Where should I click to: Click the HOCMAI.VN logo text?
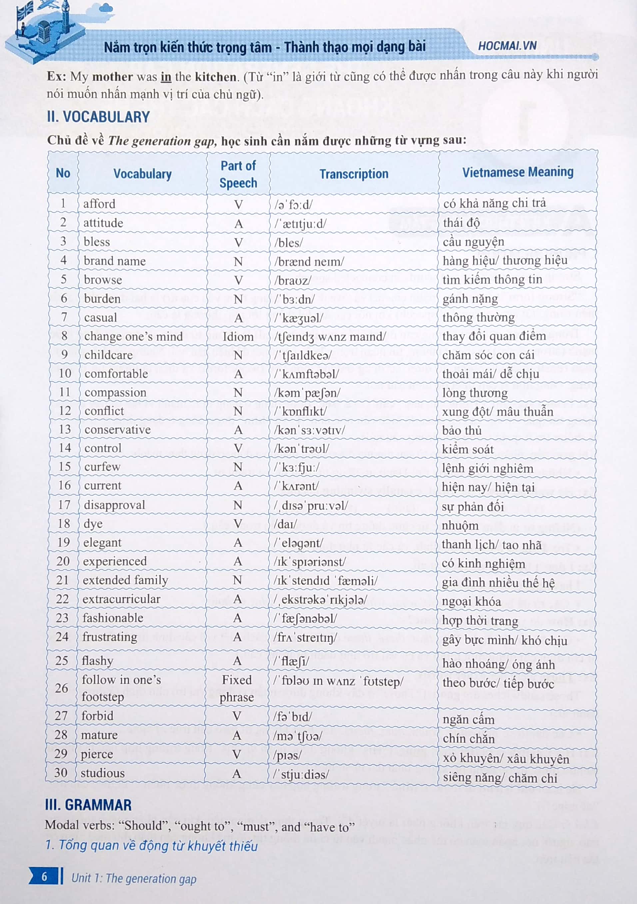[x=507, y=46]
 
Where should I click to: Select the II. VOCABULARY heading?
[x=98, y=117]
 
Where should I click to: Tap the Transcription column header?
[x=354, y=174]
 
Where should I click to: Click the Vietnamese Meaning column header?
[x=517, y=172]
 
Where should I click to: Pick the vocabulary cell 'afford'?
[x=99, y=204]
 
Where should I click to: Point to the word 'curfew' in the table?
[x=102, y=467]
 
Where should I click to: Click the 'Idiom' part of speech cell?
[x=238, y=337]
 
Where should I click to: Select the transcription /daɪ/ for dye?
[x=285, y=524]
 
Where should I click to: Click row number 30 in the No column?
[x=61, y=773]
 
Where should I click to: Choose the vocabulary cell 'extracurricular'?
[x=121, y=599]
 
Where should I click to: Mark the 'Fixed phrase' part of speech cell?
[x=237, y=688]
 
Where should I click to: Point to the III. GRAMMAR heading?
[x=88, y=805]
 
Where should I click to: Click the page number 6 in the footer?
[x=44, y=876]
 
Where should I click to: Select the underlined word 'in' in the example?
[x=166, y=77]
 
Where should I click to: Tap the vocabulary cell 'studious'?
[x=102, y=773]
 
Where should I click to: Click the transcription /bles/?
[x=289, y=243]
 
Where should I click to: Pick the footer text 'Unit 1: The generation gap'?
[x=134, y=878]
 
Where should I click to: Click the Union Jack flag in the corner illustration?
[x=25, y=11]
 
